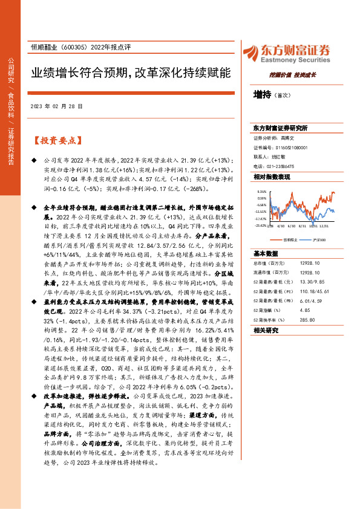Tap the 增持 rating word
[x=261, y=94]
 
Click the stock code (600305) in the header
[x=74, y=48]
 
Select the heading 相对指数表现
[x=272, y=177]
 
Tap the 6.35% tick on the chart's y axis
[x=261, y=190]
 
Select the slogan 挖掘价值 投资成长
[x=293, y=74]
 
